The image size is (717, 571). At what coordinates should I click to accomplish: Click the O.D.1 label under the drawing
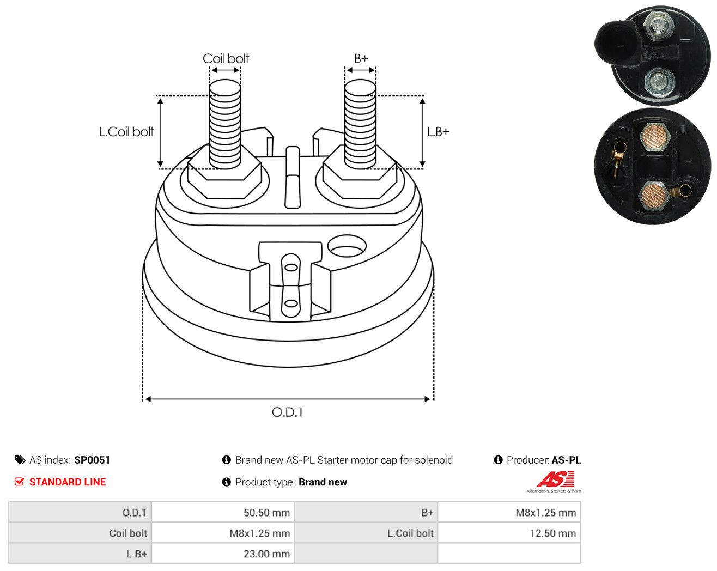click(x=287, y=412)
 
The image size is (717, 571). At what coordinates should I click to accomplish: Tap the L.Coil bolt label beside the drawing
click(x=126, y=132)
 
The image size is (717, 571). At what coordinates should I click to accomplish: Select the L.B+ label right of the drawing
click(x=438, y=132)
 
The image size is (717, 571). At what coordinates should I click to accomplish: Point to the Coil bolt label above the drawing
click(x=226, y=59)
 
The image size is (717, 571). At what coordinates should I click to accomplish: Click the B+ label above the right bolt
click(x=361, y=59)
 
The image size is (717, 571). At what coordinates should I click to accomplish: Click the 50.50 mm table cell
click(x=266, y=512)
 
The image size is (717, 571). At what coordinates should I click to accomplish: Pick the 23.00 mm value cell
click(x=266, y=554)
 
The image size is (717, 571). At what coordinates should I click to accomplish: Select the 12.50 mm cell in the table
click(x=553, y=533)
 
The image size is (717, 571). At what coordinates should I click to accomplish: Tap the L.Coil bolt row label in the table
click(x=410, y=533)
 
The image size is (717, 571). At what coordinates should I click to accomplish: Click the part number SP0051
click(x=92, y=460)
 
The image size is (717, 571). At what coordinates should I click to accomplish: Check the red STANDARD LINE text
click(x=68, y=482)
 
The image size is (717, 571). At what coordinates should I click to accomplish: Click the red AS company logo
click(x=555, y=479)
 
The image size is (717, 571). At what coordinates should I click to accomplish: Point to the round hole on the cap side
click(x=347, y=246)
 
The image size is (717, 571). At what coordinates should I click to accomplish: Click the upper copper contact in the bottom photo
click(x=655, y=137)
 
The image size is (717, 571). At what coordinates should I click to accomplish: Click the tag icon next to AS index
click(x=20, y=460)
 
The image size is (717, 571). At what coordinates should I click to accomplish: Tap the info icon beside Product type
click(x=226, y=482)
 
